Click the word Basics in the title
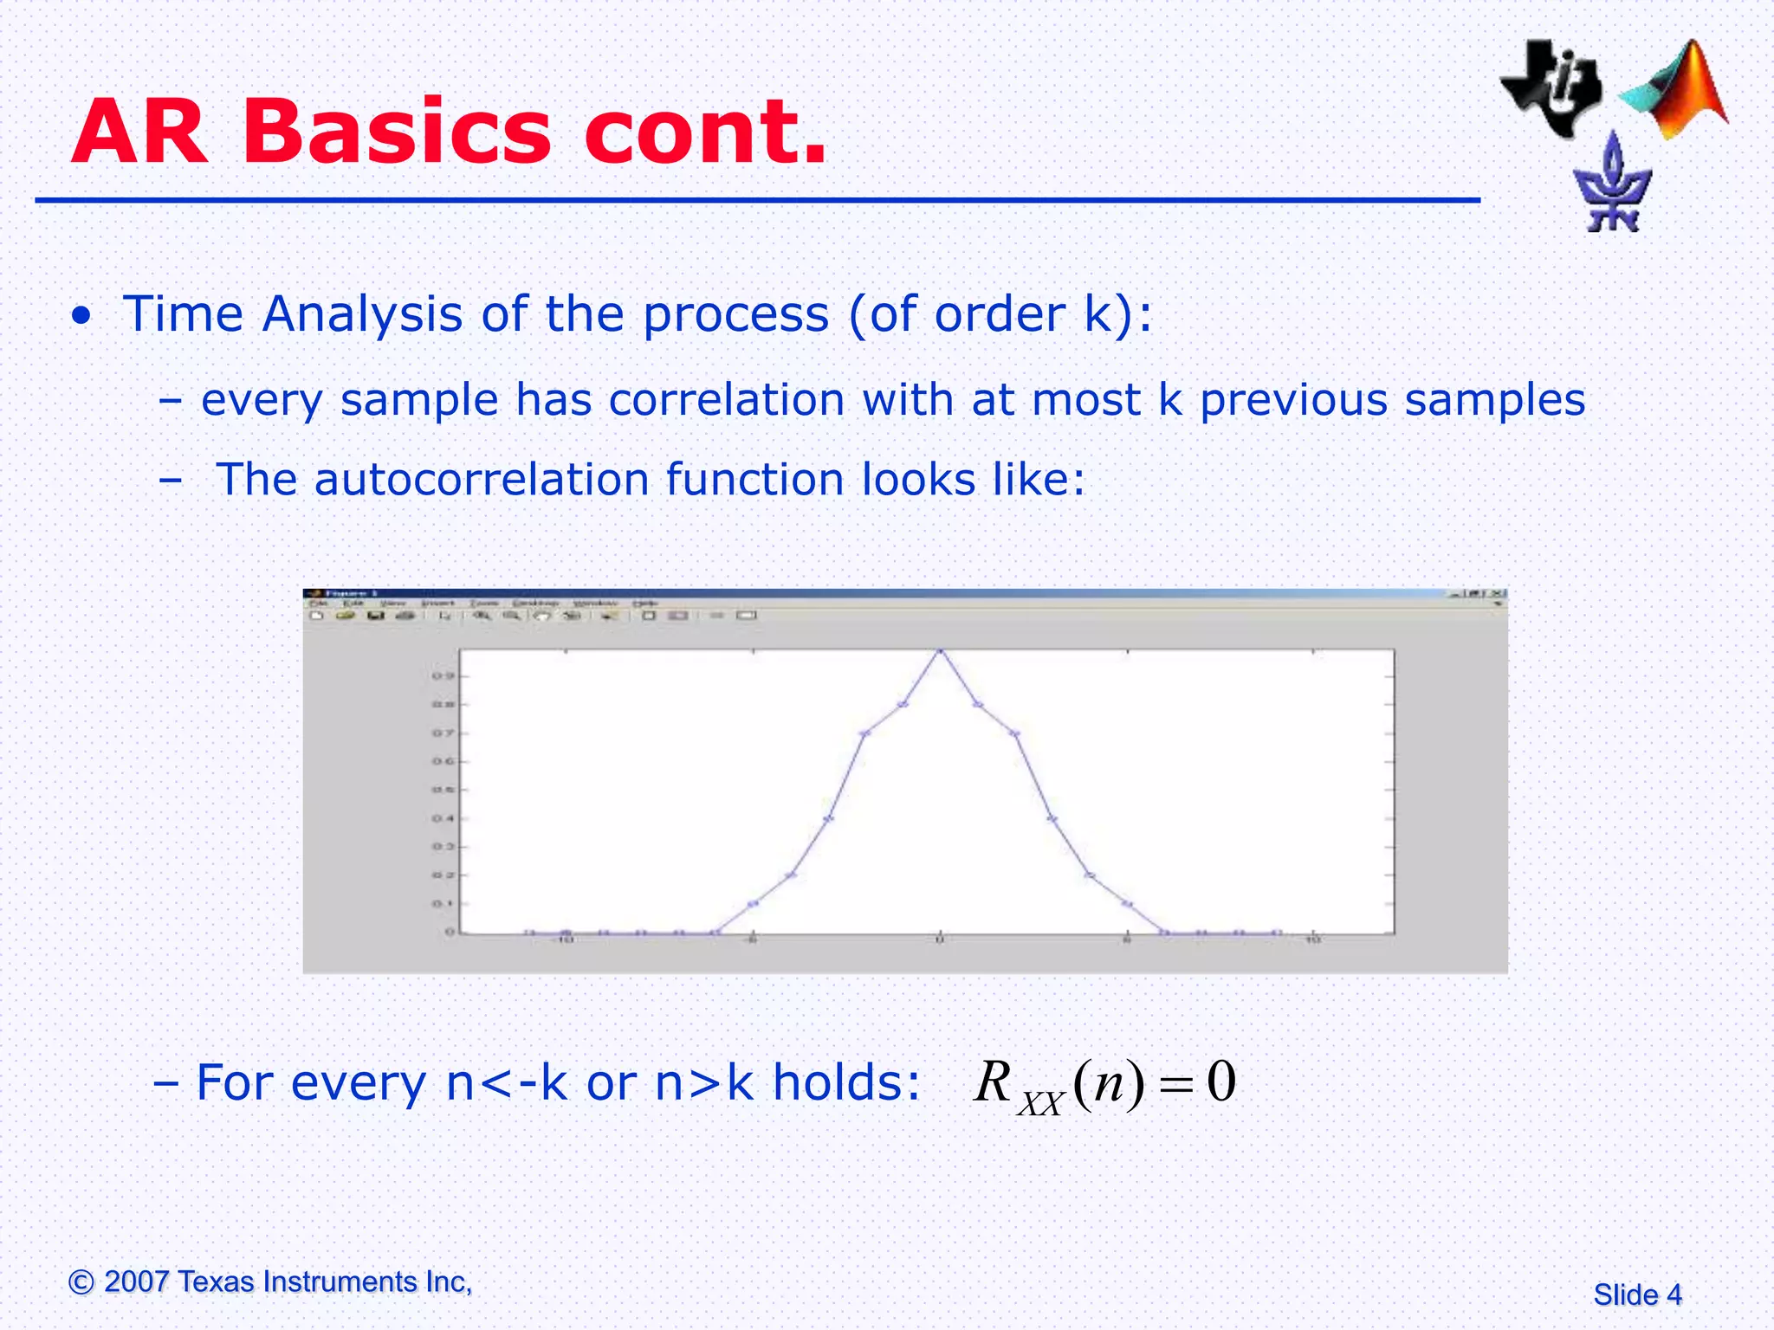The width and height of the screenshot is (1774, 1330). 396,132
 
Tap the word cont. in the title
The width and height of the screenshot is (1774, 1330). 706,132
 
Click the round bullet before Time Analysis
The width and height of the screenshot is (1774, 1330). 81,316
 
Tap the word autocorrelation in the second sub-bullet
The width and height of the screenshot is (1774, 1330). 482,480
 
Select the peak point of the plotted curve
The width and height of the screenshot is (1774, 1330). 940,650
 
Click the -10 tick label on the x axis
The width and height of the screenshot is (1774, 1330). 564,940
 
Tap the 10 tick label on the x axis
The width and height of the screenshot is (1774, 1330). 1313,940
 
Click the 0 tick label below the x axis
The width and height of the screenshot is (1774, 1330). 940,940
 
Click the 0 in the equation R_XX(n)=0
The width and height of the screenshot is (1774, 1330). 1220,1082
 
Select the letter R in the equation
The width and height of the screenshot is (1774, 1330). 994,1082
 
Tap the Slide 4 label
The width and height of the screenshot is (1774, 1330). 1637,1294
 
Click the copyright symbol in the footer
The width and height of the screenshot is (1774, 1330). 81,1282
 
